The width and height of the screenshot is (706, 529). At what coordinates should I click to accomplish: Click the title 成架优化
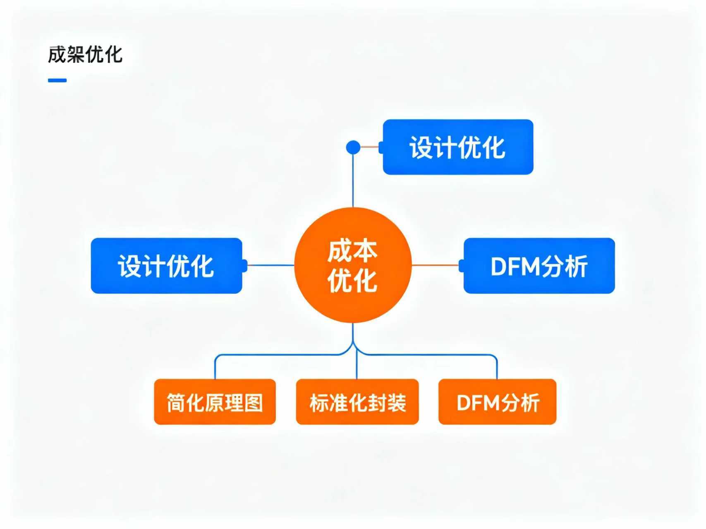[85, 55]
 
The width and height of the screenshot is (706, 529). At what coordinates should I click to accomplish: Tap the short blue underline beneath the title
[57, 80]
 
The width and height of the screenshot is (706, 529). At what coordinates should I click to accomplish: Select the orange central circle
[353, 265]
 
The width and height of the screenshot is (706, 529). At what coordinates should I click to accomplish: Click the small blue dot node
[353, 147]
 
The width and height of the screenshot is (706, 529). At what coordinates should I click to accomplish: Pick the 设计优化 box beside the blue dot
[458, 147]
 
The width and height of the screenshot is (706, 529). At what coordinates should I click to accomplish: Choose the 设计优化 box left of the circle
[166, 266]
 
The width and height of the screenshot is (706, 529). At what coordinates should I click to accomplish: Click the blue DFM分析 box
[539, 266]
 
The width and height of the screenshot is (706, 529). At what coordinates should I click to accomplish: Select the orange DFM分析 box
[497, 402]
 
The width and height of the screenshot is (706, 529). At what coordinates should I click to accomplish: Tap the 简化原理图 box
[215, 402]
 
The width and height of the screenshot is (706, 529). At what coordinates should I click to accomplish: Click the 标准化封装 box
[357, 402]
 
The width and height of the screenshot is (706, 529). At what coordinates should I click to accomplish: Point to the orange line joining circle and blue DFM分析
[435, 265]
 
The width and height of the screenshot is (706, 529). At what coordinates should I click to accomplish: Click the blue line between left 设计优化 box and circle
[270, 265]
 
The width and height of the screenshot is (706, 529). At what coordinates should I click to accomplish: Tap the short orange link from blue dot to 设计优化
[370, 147]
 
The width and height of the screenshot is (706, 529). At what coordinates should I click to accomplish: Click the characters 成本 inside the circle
[352, 251]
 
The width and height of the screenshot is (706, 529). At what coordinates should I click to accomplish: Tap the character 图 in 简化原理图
[254, 403]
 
